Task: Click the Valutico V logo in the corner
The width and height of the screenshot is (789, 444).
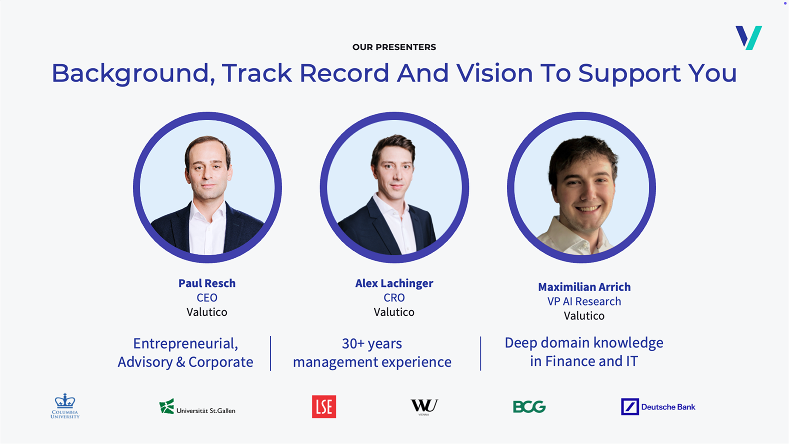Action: pyautogui.click(x=749, y=38)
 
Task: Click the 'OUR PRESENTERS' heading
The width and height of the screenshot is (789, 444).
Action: pyautogui.click(x=394, y=47)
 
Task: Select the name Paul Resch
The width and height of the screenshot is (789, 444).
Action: pyautogui.click(x=207, y=283)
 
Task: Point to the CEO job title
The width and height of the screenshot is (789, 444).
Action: pyautogui.click(x=207, y=297)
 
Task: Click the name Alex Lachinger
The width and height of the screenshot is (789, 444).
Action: pyautogui.click(x=394, y=283)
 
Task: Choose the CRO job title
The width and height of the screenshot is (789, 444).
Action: pyautogui.click(x=394, y=297)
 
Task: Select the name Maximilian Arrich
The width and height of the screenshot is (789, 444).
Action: pyautogui.click(x=584, y=287)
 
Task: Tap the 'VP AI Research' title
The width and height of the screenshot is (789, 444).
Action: pyautogui.click(x=584, y=301)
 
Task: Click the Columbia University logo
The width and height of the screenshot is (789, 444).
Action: pyautogui.click(x=65, y=406)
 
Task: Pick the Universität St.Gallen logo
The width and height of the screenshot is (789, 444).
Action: pyautogui.click(x=197, y=407)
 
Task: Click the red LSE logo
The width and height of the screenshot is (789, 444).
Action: pyautogui.click(x=324, y=407)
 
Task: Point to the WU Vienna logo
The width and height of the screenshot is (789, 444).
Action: pyautogui.click(x=424, y=407)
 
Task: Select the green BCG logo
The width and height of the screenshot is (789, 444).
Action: pyautogui.click(x=529, y=407)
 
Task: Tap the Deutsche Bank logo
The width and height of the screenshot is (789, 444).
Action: pyautogui.click(x=658, y=407)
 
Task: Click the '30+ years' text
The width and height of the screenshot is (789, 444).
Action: pyautogui.click(x=372, y=343)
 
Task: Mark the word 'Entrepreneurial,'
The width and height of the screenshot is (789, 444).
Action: pyautogui.click(x=186, y=343)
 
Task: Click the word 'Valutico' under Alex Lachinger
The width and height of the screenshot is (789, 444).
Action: pyautogui.click(x=394, y=312)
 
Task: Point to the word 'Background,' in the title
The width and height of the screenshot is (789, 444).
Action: pyautogui.click(x=133, y=74)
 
